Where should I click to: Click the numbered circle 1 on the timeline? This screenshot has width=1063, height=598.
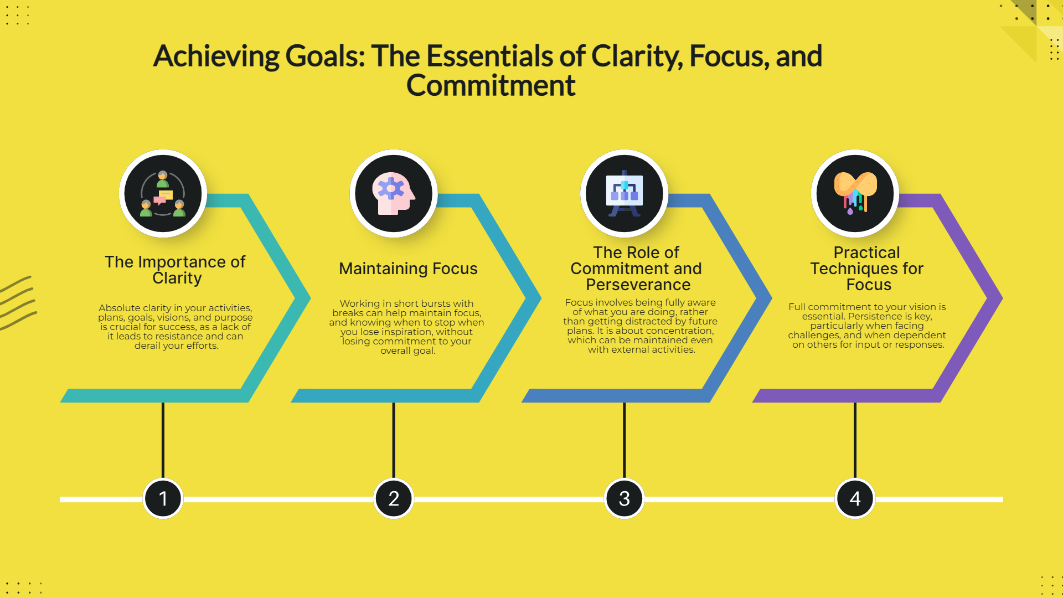pyautogui.click(x=163, y=498)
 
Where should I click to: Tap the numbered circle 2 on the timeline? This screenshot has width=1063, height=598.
pyautogui.click(x=394, y=498)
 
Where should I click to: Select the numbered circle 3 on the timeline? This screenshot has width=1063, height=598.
pyautogui.click(x=625, y=498)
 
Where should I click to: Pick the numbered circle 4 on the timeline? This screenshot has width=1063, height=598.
pyautogui.click(x=855, y=498)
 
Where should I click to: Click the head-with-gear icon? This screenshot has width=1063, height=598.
pyautogui.click(x=394, y=193)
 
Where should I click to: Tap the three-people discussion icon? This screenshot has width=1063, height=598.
pyautogui.click(x=163, y=193)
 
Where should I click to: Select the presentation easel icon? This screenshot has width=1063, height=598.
pyautogui.click(x=625, y=193)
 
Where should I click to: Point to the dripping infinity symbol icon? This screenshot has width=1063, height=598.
pyautogui.click(x=855, y=192)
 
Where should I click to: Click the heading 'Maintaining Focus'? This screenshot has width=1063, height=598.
pyautogui.click(x=408, y=269)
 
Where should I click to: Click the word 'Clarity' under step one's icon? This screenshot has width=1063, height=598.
pyautogui.click(x=177, y=278)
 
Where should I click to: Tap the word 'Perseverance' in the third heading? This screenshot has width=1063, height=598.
pyautogui.click(x=638, y=285)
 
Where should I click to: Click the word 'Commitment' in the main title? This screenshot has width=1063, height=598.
pyautogui.click(x=491, y=86)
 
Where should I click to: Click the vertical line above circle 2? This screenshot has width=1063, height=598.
pyautogui.click(x=394, y=440)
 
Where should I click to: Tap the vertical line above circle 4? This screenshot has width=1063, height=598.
pyautogui.click(x=855, y=440)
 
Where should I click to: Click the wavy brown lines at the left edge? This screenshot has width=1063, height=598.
pyautogui.click(x=18, y=303)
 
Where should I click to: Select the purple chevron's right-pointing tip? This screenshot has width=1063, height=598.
pyautogui.click(x=1002, y=298)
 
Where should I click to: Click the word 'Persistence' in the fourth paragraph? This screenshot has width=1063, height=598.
pyautogui.click(x=875, y=316)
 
